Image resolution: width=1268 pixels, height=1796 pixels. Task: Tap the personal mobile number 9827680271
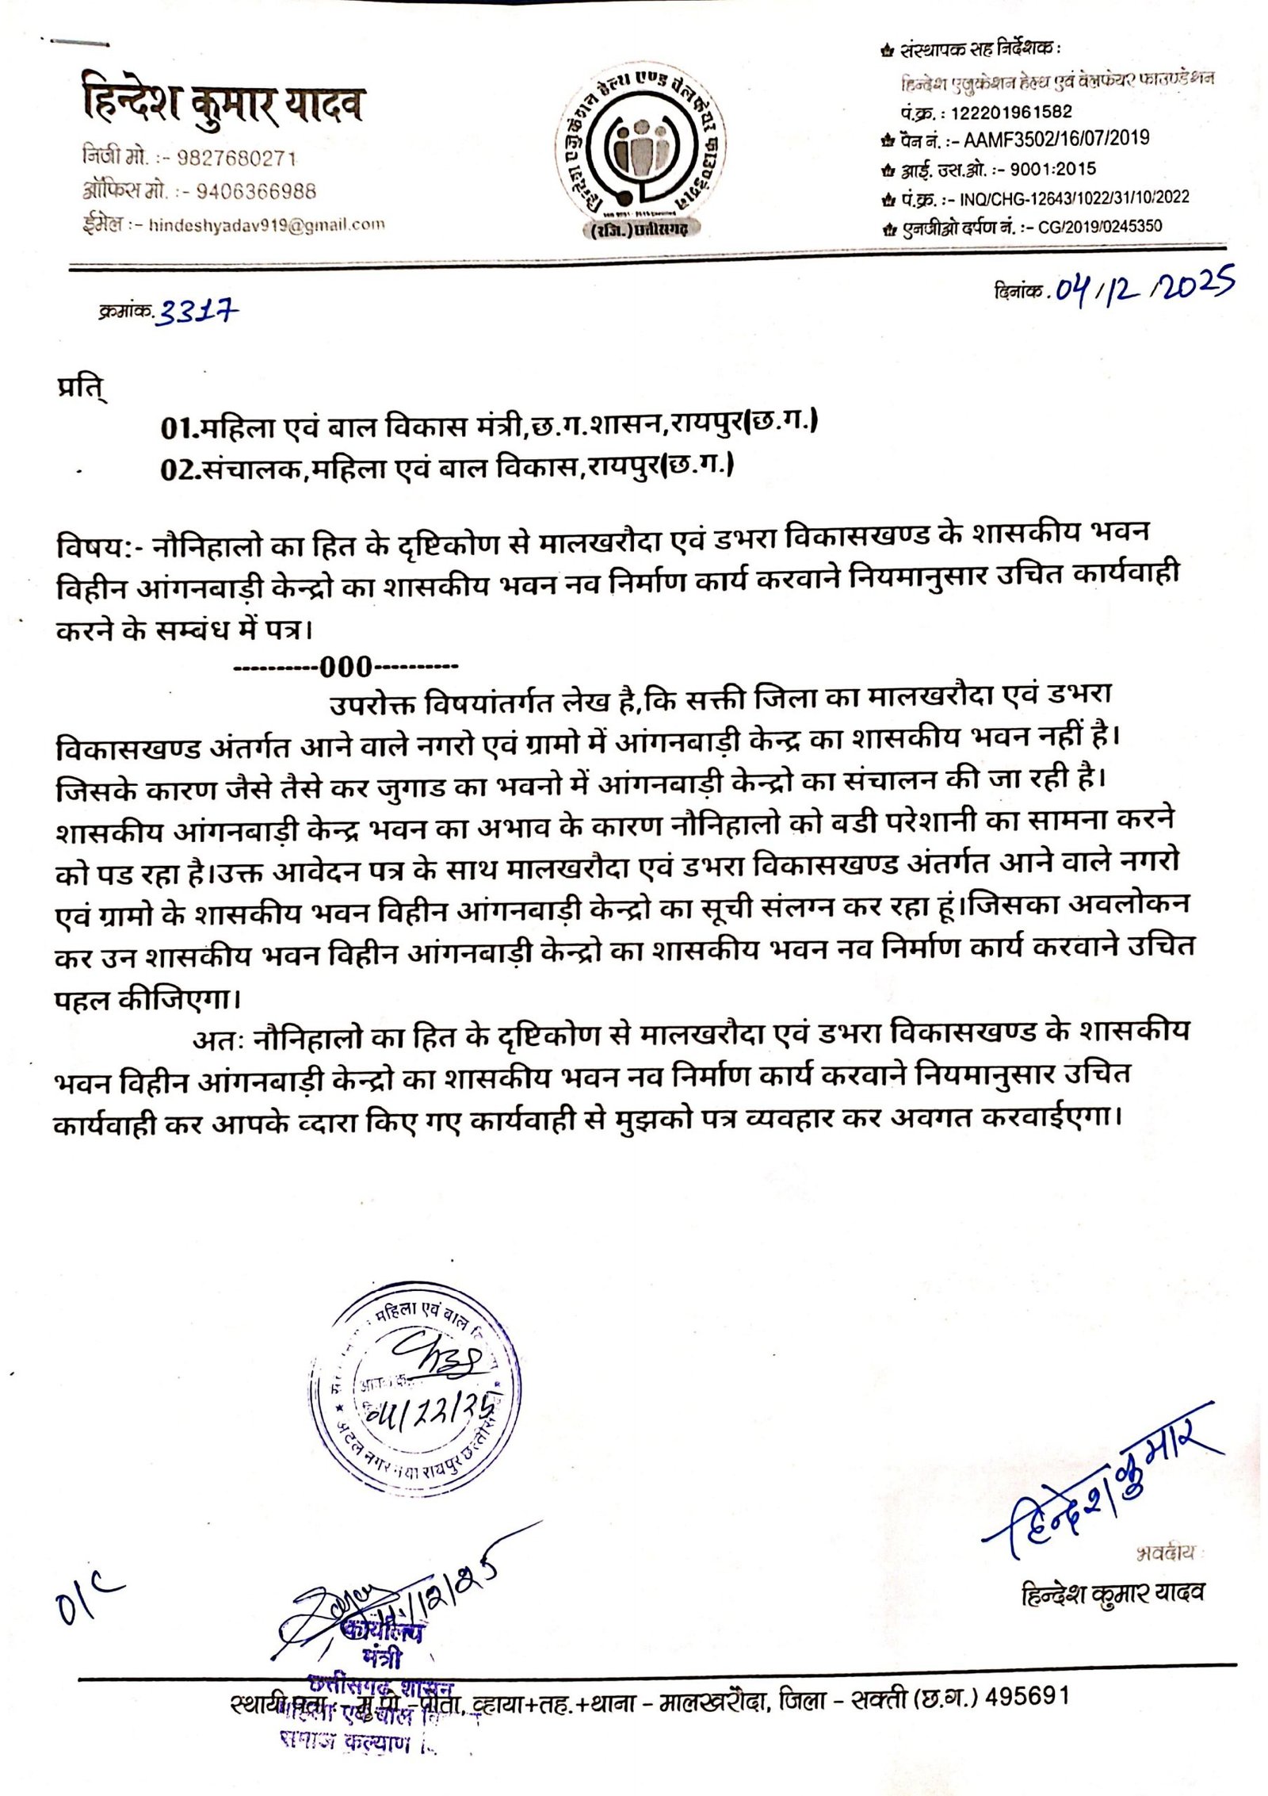(x=236, y=159)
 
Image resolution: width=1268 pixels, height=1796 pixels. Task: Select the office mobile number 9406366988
(x=255, y=191)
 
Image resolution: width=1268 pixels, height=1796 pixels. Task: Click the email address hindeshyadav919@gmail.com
(x=266, y=224)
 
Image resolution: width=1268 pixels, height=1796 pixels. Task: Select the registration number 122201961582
(x=1011, y=112)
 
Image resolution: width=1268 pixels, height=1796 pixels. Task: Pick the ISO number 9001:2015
(x=1052, y=168)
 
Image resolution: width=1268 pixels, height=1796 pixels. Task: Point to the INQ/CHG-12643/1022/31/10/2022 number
(x=1074, y=197)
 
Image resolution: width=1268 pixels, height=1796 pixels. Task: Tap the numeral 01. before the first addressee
(x=178, y=428)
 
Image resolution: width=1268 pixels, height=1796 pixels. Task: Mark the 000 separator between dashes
(x=346, y=666)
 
